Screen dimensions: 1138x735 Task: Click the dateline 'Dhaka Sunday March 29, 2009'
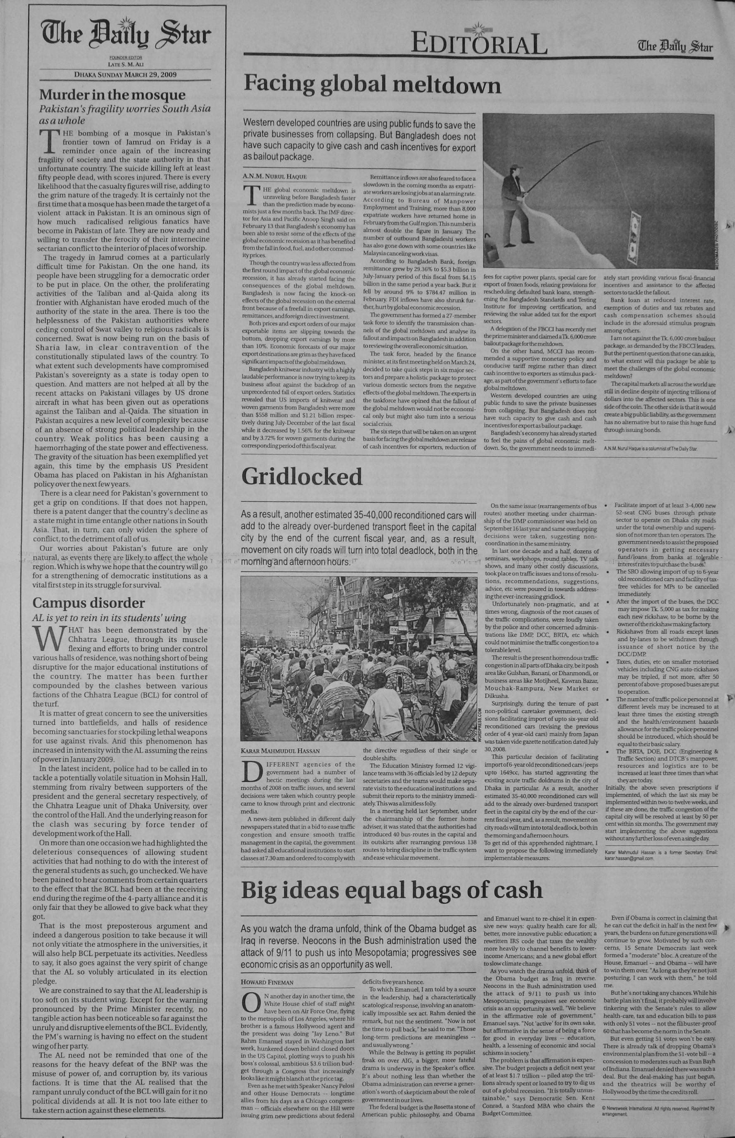125,75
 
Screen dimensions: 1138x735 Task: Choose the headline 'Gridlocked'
302,476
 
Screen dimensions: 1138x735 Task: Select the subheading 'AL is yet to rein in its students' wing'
109,618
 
